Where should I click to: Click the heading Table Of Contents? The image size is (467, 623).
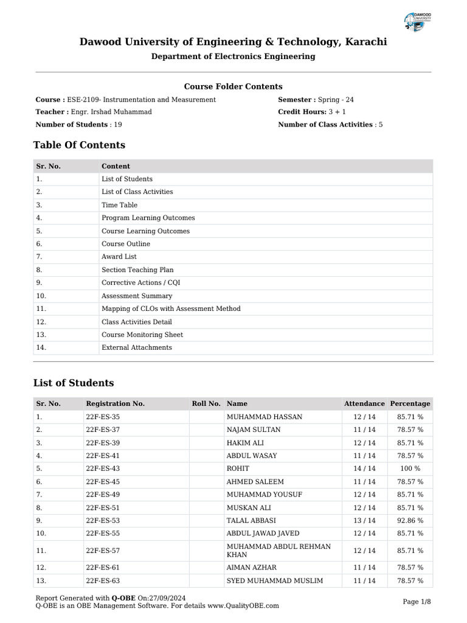pyautogui.click(x=79, y=145)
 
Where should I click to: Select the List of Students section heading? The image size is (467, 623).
pyautogui.click(x=73, y=383)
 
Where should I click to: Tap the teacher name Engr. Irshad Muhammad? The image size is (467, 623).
pyautogui.click(x=111, y=112)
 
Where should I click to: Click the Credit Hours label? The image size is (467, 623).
pyautogui.click(x=302, y=112)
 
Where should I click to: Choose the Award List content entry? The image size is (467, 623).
pyautogui.click(x=119, y=257)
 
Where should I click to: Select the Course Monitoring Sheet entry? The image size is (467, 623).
pyautogui.click(x=142, y=335)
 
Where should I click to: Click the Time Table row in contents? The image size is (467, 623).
pyautogui.click(x=119, y=205)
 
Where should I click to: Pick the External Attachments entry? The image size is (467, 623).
pyautogui.click(x=136, y=347)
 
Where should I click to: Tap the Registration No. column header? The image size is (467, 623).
pyautogui.click(x=115, y=403)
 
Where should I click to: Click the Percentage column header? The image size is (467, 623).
pyautogui.click(x=410, y=403)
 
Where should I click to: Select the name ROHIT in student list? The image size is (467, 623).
pyautogui.click(x=238, y=468)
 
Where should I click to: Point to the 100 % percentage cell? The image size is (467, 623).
pyautogui.click(x=410, y=468)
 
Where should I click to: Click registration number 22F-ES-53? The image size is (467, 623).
pyautogui.click(x=103, y=520)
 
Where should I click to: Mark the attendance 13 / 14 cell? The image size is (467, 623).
pyautogui.click(x=364, y=520)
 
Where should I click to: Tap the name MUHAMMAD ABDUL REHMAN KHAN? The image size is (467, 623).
pyautogui.click(x=278, y=551)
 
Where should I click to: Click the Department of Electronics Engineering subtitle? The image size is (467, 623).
pyautogui.click(x=233, y=57)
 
